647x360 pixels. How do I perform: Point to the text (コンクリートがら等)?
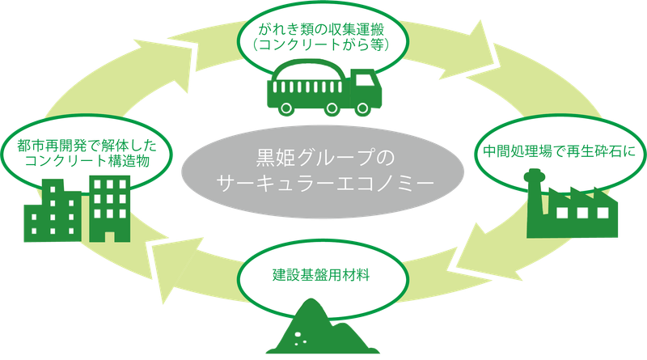click(x=323, y=46)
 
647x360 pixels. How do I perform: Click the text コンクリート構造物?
click(x=90, y=162)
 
